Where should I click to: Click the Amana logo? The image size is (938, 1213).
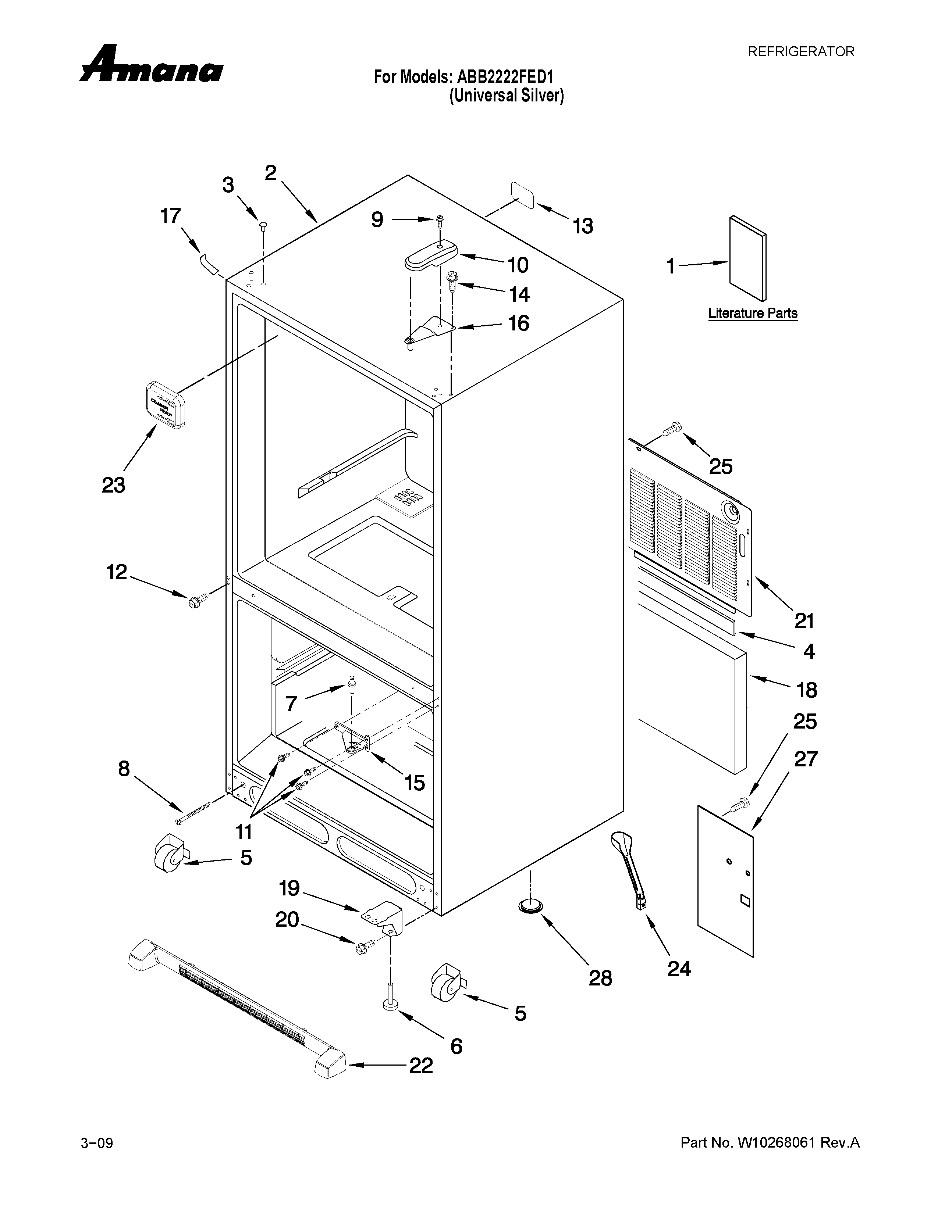coord(151,65)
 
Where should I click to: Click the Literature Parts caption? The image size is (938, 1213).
coord(752,313)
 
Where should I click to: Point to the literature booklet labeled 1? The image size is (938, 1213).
coord(747,258)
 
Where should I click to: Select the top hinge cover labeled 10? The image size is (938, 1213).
coord(431,257)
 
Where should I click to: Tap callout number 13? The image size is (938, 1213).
coord(583,226)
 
